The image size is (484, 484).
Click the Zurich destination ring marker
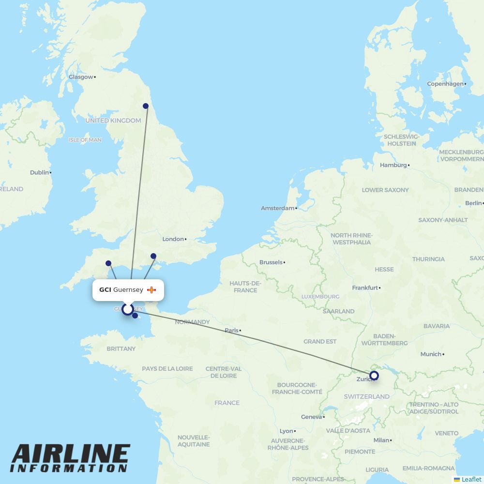[374, 375]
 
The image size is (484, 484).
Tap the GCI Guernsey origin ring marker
[127, 309]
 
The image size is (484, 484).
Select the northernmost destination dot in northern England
[146, 106]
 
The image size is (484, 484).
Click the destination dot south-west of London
[153, 256]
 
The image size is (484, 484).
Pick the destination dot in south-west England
[108, 263]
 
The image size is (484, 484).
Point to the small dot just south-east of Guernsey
[135, 316]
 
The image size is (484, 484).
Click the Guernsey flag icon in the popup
[151, 290]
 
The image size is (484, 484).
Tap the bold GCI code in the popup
[105, 290]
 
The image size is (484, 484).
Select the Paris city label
[231, 331]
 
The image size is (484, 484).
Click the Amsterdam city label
[278, 208]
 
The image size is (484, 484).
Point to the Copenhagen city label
[445, 84]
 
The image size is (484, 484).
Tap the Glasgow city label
[80, 77]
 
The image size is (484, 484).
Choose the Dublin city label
[39, 172]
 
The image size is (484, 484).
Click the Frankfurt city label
[365, 287]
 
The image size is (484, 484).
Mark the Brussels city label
[271, 262]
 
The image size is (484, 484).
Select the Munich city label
[431, 354]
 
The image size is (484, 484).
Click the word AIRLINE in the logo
[70, 454]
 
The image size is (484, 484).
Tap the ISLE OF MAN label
[85, 140]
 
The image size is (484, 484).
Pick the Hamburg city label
[393, 165]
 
